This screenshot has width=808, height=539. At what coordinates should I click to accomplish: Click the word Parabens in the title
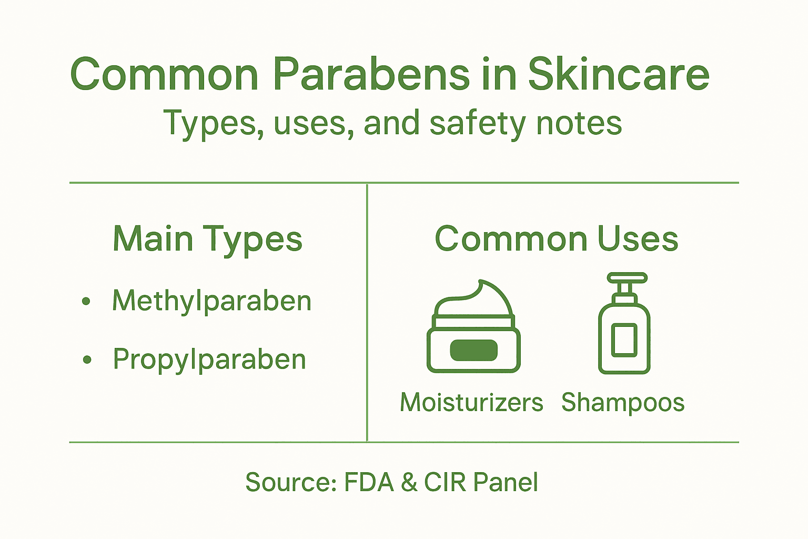coord(370,74)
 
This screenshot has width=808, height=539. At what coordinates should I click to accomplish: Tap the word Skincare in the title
coord(619,74)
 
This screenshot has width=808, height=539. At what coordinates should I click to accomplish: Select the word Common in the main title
coord(164,74)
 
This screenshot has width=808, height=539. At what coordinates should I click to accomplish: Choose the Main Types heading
coord(207,239)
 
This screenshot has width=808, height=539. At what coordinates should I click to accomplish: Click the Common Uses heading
coord(556,239)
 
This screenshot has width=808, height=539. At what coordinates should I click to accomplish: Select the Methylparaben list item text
coord(211,301)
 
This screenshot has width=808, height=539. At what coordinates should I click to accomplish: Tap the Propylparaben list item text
coord(209,360)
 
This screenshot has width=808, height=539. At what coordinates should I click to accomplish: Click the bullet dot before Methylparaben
coord(86,302)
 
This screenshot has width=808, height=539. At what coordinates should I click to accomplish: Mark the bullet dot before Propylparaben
coord(87,360)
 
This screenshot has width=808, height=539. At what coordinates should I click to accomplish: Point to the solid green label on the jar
coord(473,351)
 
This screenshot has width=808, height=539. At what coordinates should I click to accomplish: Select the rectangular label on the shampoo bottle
coord(624,340)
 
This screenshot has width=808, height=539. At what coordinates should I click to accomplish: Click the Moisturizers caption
coord(471,403)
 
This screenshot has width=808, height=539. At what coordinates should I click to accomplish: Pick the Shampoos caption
coord(623,403)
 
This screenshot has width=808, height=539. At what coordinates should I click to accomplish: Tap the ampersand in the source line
coord(409,482)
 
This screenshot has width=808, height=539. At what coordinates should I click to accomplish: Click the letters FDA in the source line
coord(369,482)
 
